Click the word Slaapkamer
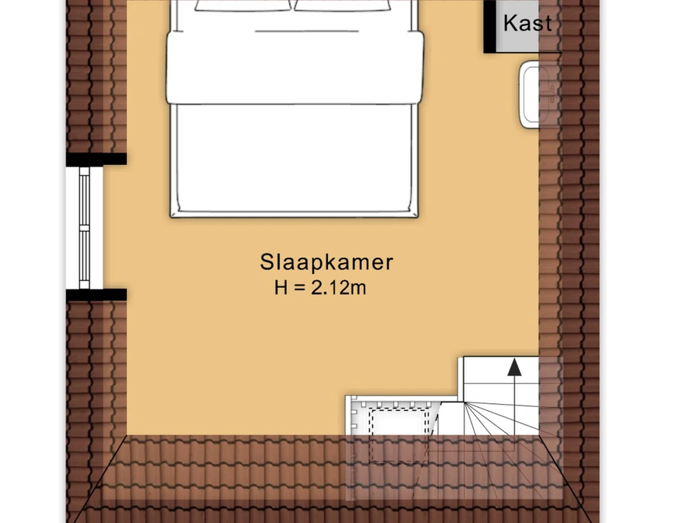coord(326,262)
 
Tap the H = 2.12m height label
coord(320,288)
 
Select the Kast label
coord(527,23)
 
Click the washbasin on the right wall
coord(531,95)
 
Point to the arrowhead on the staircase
coord(515,367)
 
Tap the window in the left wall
coord(84,227)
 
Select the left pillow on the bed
coord(243,5)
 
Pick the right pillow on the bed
coord(343,5)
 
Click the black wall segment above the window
coord(97,160)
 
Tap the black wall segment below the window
coord(97,295)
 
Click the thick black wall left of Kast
coord(490,26)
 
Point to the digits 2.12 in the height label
coord(330,288)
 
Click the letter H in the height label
coord(281,288)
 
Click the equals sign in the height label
coord(300,288)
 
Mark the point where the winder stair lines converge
coord(464,402)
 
